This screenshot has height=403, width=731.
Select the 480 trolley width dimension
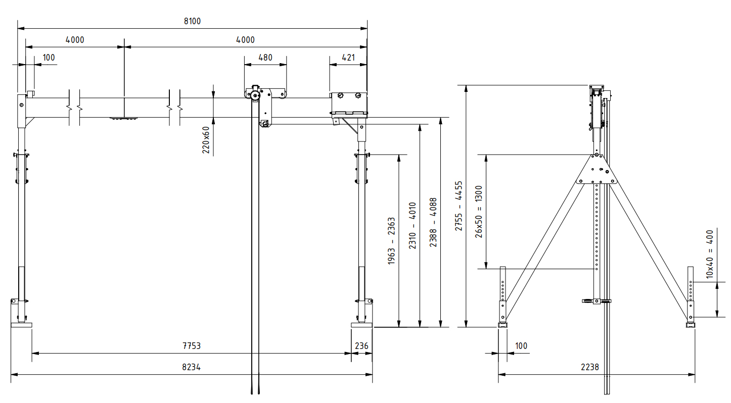265,58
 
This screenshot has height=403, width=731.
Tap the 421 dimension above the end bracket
348,58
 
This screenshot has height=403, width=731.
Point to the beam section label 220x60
206,139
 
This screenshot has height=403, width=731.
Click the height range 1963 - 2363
391,241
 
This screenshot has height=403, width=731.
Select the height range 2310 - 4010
412,226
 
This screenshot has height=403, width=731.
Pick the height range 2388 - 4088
433,222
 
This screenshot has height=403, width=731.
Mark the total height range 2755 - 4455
458,206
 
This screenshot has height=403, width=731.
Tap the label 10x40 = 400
710,255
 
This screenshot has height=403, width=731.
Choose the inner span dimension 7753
191,346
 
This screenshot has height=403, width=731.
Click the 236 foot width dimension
361,346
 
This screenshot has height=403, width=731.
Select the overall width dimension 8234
191,367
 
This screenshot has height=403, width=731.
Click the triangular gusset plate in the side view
597,171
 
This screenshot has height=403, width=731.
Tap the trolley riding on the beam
265,94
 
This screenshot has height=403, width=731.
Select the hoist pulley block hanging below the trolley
264,123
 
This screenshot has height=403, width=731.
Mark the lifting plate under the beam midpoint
124,119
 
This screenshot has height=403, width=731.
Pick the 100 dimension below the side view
521,346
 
